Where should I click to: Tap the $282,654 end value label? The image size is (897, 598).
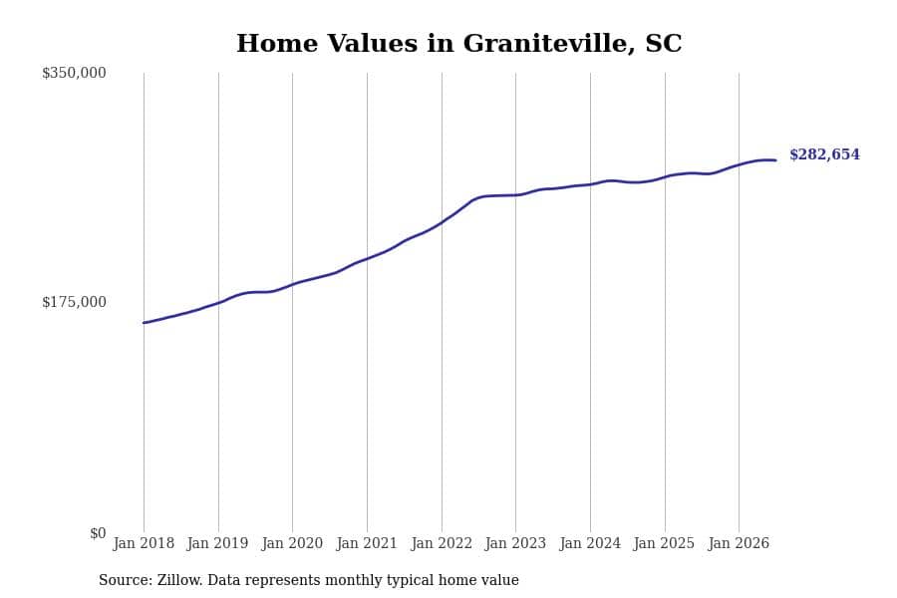click(x=824, y=154)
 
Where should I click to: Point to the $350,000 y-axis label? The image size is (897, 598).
click(x=74, y=73)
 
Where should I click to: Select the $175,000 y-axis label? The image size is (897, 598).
click(x=74, y=302)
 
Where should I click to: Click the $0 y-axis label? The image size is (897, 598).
click(x=98, y=533)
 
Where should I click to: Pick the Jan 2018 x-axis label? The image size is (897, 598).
click(x=144, y=543)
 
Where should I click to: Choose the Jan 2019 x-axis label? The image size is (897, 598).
click(x=217, y=543)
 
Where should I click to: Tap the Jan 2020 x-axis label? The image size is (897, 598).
click(x=292, y=543)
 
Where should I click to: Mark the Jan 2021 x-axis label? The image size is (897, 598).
click(x=367, y=543)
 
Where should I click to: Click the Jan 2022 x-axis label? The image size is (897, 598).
click(x=442, y=543)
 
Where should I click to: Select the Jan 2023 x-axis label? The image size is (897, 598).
click(x=515, y=543)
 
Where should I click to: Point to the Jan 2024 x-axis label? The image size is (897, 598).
click(x=590, y=543)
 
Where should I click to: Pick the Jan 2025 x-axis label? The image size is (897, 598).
click(x=664, y=543)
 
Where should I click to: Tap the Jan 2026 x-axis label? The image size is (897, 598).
click(x=739, y=543)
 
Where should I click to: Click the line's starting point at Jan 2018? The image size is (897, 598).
click(x=144, y=323)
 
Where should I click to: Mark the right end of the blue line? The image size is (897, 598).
click(x=775, y=160)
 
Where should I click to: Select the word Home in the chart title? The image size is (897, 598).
click(x=277, y=44)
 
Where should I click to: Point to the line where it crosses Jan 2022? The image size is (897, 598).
click(x=442, y=222)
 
